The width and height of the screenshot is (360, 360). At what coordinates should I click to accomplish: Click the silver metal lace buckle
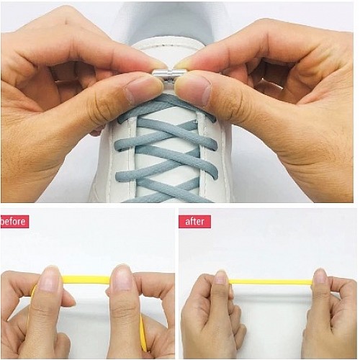tap(169, 73)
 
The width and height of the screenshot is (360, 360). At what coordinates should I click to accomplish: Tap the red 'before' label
tap(14, 221)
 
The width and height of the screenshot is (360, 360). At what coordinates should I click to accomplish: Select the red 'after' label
tap(194, 221)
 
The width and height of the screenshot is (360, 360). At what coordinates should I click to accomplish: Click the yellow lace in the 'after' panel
tap(271, 282)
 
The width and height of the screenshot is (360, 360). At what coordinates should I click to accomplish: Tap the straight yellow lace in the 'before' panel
tap(86, 279)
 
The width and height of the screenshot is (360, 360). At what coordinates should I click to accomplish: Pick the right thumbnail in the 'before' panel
tap(122, 279)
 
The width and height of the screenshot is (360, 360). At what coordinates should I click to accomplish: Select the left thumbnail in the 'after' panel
tap(221, 281)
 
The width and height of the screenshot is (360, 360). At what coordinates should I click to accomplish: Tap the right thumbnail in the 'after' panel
tap(320, 279)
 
